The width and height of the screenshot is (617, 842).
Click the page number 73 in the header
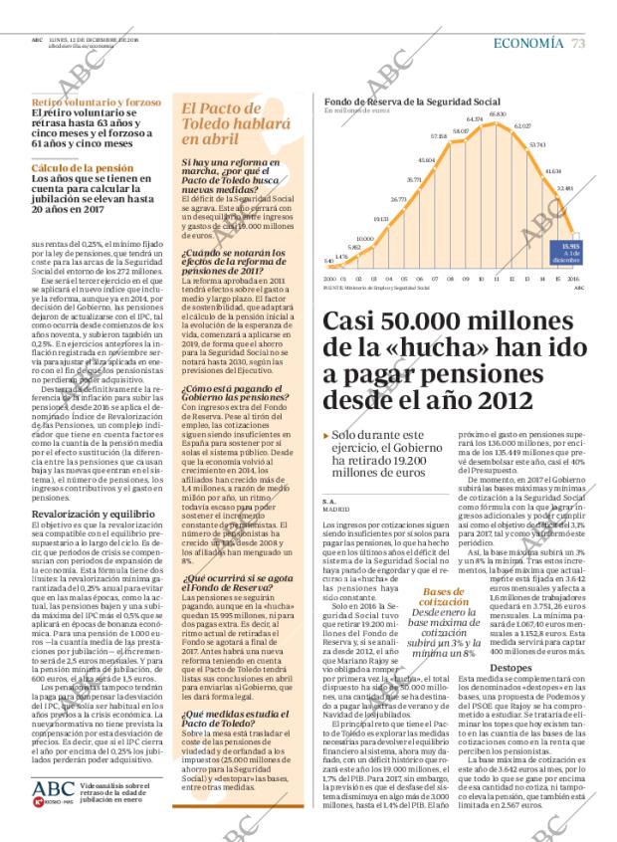coord(578,43)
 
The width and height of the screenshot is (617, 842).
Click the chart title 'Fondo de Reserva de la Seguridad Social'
coord(409,102)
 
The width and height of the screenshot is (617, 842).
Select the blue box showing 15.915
coord(572,249)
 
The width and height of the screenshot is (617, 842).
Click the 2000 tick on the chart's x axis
coord(329,280)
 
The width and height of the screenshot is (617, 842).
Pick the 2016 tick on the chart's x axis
coord(572,280)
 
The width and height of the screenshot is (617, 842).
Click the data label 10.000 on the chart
coord(364,238)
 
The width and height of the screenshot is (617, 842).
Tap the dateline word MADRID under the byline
coord(337,508)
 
